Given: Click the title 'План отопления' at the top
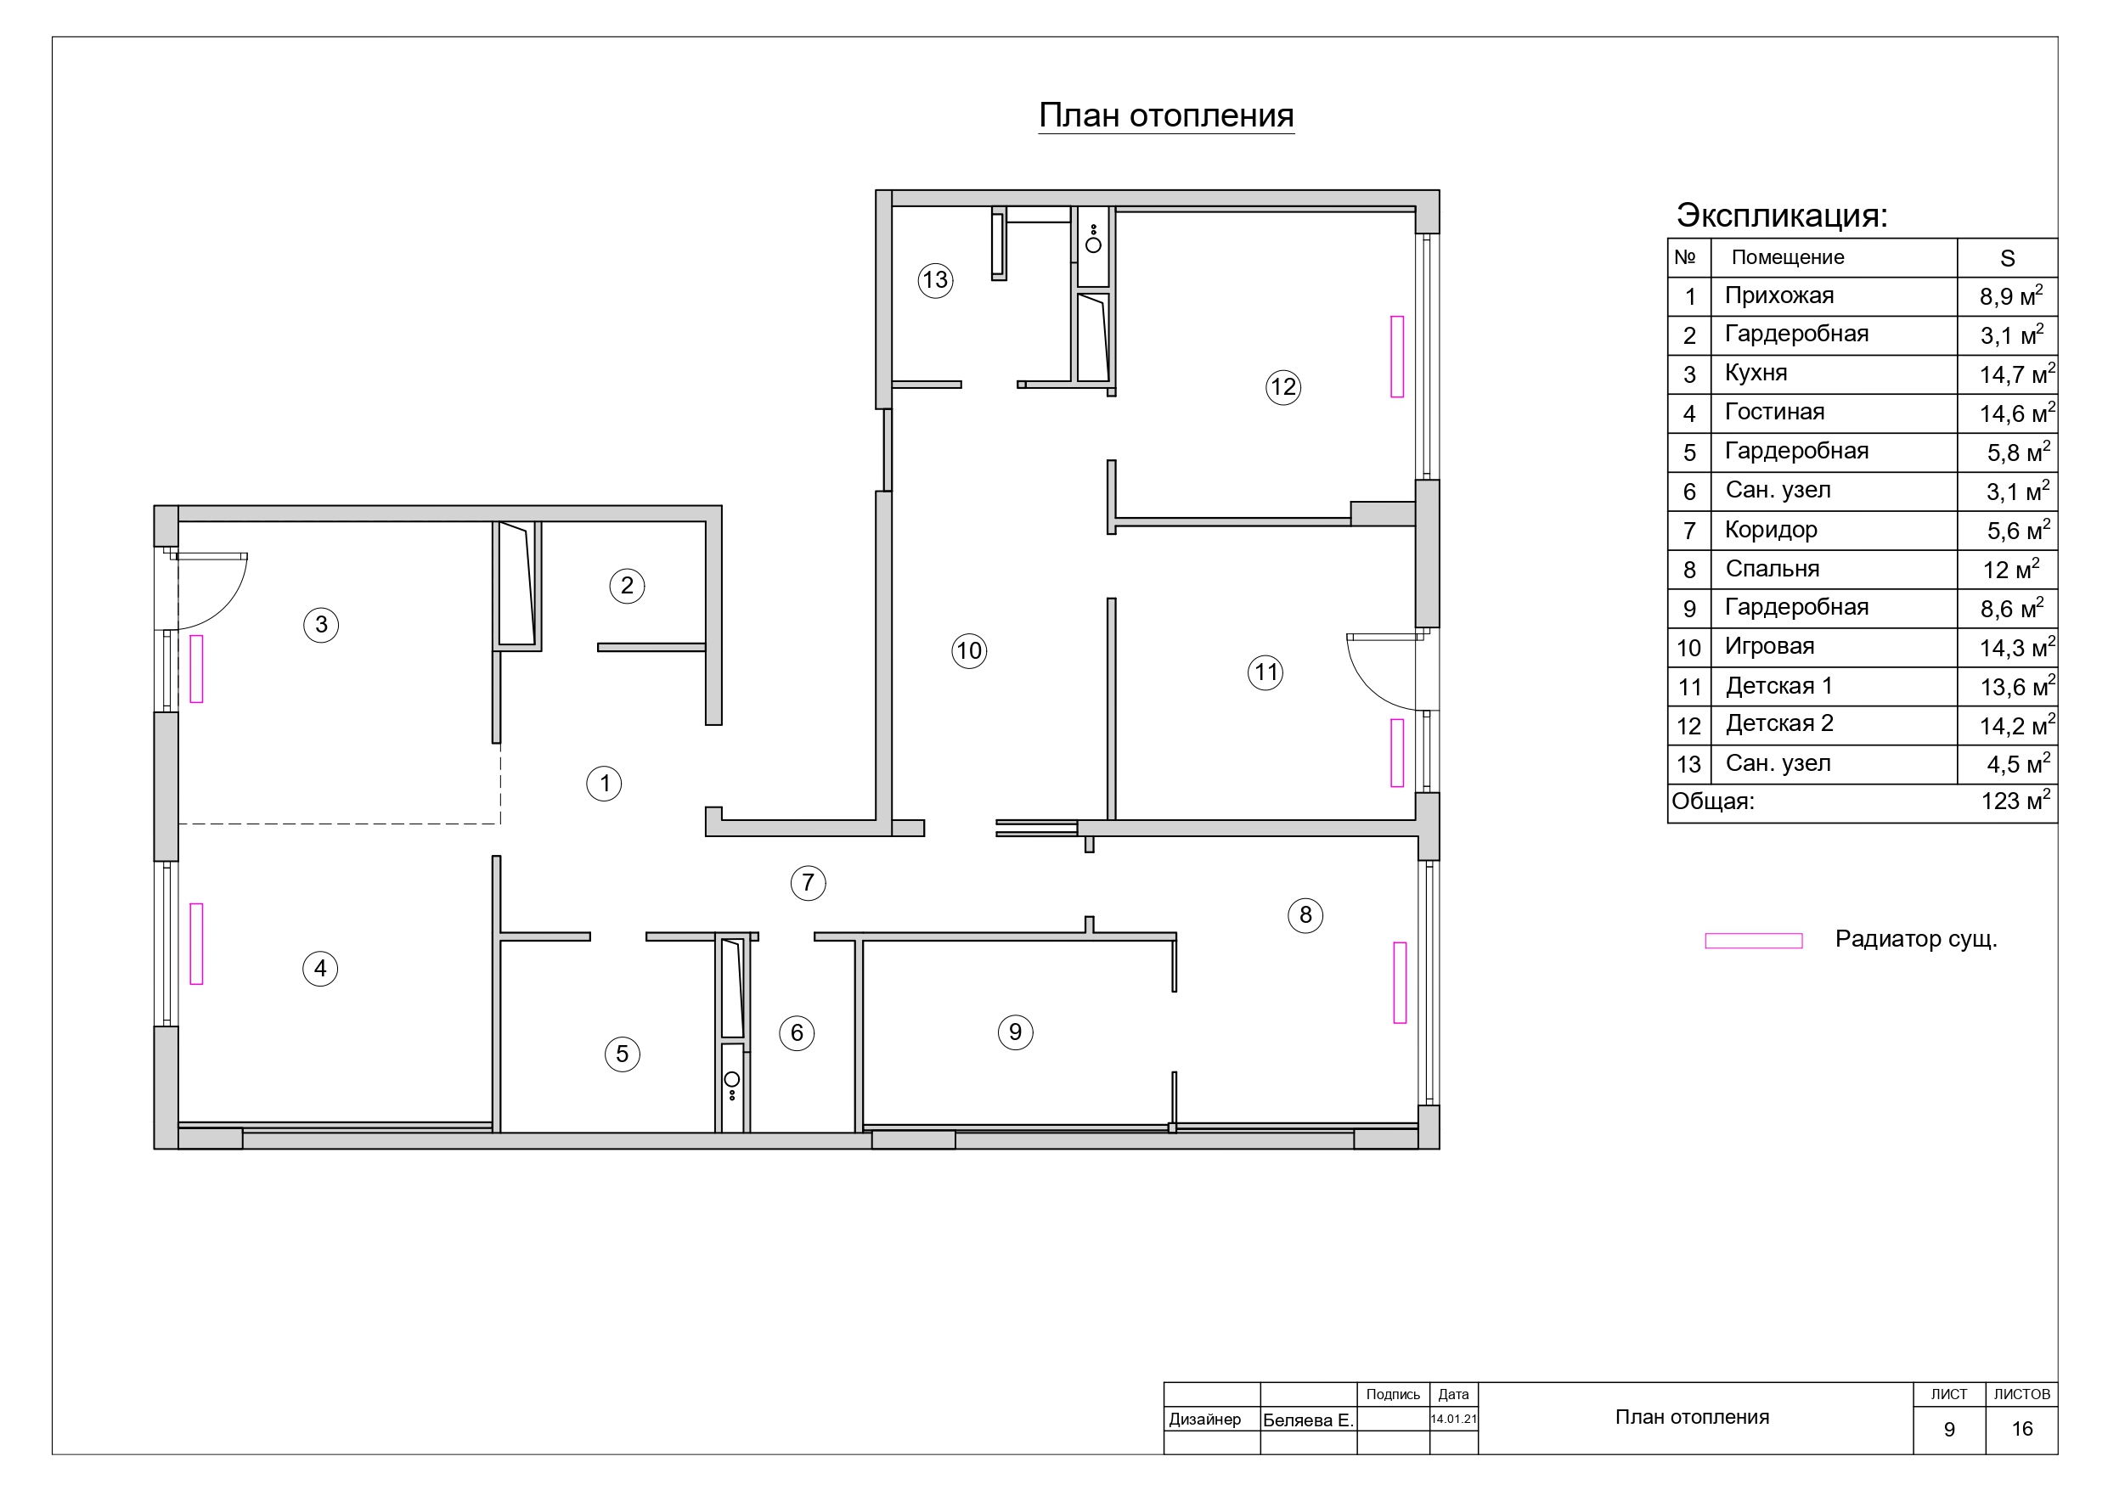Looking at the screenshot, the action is point(1166,116).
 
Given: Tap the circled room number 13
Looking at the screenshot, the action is point(936,280).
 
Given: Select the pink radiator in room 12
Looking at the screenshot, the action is point(1397,357).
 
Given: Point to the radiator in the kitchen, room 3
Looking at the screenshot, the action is point(196,668).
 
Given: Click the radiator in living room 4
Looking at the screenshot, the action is point(196,944).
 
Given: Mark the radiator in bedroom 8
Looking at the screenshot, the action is point(1401,982).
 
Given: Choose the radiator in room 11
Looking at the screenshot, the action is point(1397,753).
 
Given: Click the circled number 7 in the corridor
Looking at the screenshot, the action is point(808,883).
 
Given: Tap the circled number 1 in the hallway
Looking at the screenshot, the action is point(604,784).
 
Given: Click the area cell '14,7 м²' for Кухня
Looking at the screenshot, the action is point(2017,374).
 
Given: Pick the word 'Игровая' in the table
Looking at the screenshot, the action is point(1769,646).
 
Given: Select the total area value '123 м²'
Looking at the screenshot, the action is point(2015,801).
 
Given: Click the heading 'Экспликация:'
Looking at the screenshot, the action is point(1782,216).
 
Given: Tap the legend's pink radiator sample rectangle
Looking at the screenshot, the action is point(1754,941).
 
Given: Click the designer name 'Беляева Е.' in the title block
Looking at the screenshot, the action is point(1308,1420).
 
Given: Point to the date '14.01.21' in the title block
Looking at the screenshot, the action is point(1453,1420).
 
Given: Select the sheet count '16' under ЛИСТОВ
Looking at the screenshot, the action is point(2021,1429).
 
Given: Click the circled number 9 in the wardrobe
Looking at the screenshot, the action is point(1016,1032).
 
